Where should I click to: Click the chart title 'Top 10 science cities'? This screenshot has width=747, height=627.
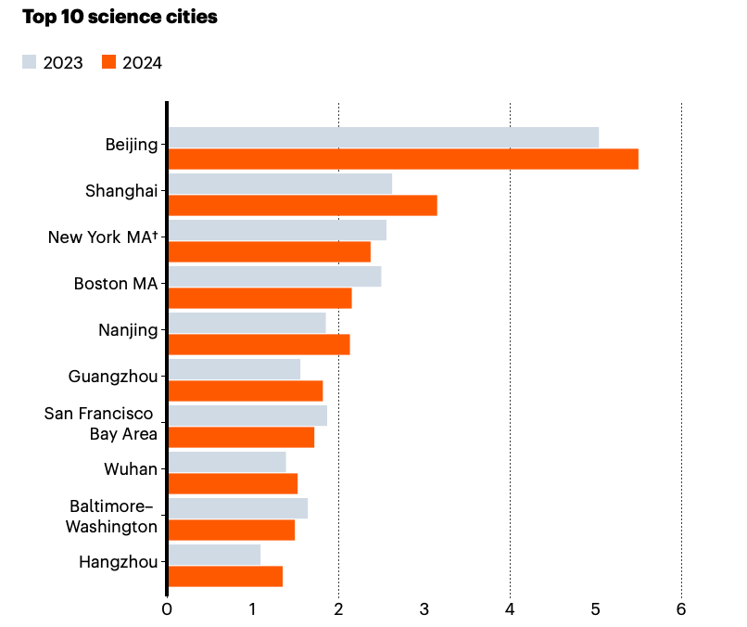click(120, 18)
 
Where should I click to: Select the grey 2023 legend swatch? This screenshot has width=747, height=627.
click(30, 62)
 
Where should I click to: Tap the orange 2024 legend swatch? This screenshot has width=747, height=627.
click(108, 62)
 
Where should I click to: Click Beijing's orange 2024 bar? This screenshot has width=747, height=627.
click(403, 159)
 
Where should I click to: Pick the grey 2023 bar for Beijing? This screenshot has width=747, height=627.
click(384, 137)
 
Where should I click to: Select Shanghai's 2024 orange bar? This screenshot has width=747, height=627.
click(302, 205)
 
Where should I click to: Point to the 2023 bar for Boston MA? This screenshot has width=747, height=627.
click(274, 276)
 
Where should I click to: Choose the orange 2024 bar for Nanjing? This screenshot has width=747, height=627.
click(260, 344)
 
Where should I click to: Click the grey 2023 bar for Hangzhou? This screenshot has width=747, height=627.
click(214, 555)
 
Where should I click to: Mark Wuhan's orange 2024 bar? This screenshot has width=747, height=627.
click(234, 483)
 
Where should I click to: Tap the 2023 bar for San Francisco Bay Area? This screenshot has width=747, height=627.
click(247, 416)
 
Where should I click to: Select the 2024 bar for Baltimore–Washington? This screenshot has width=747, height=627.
click(232, 530)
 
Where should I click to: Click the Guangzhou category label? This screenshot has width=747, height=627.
click(113, 376)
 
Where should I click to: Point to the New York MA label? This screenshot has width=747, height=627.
click(103, 237)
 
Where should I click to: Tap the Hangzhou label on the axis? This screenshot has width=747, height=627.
click(119, 561)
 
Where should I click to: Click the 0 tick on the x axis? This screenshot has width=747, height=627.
click(167, 609)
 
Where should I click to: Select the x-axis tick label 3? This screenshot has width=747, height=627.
click(424, 609)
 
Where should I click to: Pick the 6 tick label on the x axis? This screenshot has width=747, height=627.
click(681, 609)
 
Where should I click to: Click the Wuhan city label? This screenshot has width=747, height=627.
click(131, 468)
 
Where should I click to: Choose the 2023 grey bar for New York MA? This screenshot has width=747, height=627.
click(277, 230)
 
